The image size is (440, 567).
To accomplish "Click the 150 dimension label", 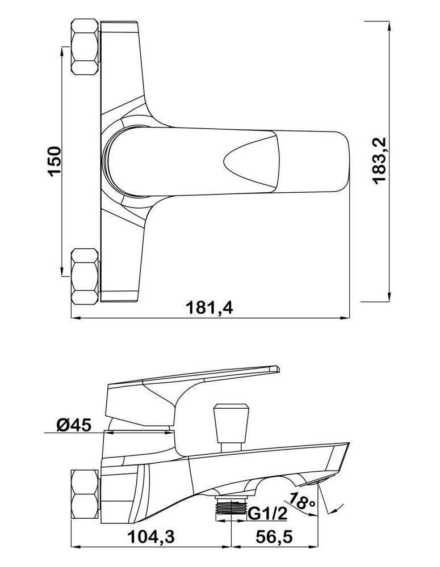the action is click(55, 161).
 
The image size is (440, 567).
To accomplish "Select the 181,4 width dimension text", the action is click(209, 308).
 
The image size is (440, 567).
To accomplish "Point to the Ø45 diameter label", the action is click(74, 425).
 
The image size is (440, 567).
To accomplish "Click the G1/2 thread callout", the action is click(267, 513).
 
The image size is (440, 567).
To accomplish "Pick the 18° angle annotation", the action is click(303, 500).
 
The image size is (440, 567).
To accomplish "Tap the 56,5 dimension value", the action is click(274, 538).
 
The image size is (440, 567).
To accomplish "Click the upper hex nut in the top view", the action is click(85, 48).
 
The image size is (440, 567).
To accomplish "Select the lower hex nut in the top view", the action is click(85, 276).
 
